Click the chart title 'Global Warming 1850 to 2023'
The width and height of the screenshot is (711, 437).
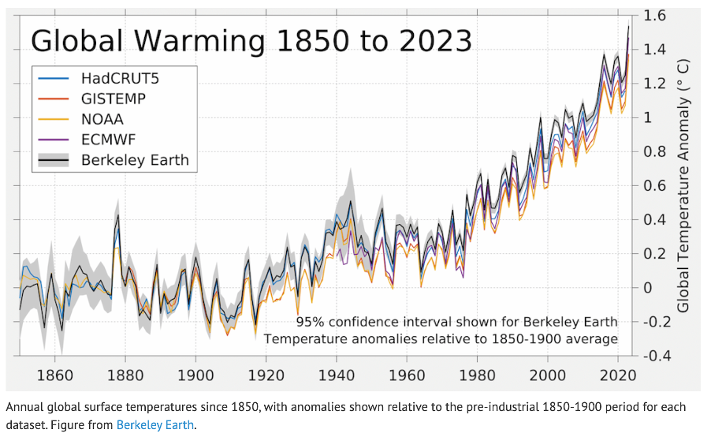click(x=251, y=39)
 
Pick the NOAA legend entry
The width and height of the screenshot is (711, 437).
click(x=102, y=119)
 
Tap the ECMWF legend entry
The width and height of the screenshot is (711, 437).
click(x=110, y=140)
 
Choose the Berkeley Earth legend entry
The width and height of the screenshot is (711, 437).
click(x=135, y=160)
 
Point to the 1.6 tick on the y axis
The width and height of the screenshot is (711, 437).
click(x=656, y=16)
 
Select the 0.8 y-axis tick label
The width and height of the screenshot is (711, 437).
click(x=656, y=151)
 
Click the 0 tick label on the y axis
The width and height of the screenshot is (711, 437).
click(x=649, y=288)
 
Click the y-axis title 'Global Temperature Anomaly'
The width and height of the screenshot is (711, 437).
click(x=683, y=185)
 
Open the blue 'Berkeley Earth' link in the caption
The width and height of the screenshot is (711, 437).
click(x=154, y=425)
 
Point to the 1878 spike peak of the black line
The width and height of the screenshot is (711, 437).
click(x=117, y=215)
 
